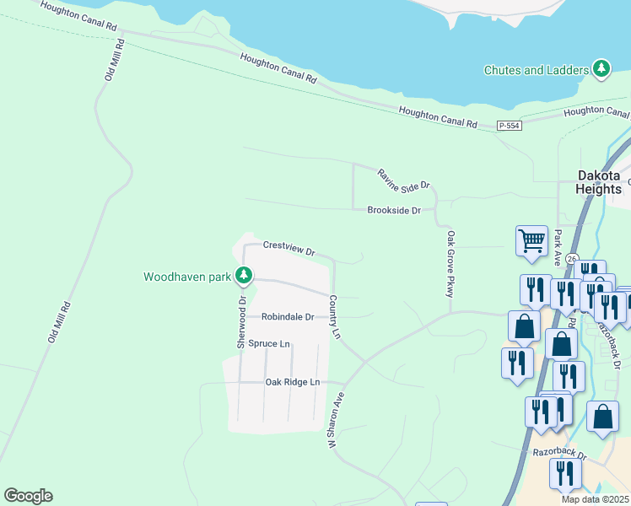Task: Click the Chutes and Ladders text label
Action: click(535, 70)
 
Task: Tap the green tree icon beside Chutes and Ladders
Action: click(601, 69)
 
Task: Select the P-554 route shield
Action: click(510, 126)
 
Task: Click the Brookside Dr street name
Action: click(393, 210)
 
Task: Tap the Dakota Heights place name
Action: click(598, 182)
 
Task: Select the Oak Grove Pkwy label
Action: click(451, 263)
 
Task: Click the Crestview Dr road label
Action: click(289, 248)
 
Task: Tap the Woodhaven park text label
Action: click(187, 276)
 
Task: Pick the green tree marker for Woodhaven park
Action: click(244, 275)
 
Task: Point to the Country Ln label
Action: click(334, 317)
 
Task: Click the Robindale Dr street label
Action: click(287, 317)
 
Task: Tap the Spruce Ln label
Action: click(268, 344)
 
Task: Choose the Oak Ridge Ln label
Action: click(293, 382)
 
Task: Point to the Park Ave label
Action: click(557, 245)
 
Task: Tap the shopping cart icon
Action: click(531, 240)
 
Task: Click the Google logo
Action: click(28, 496)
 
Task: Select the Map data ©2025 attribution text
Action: click(595, 499)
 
